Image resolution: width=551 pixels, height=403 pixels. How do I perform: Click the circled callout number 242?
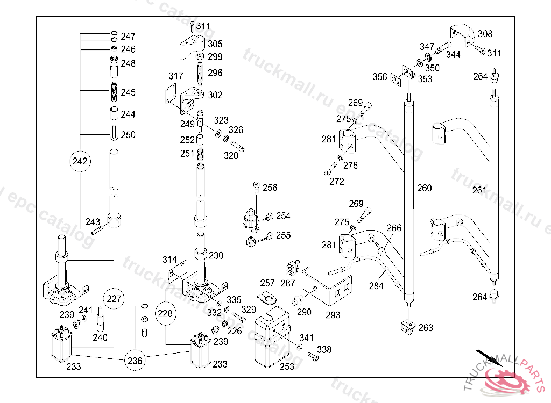pos(80,161)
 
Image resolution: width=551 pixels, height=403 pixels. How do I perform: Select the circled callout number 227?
pos(114,299)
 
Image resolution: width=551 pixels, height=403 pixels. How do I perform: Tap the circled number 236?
pos(135,361)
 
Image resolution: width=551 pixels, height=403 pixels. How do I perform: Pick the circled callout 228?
pos(165,313)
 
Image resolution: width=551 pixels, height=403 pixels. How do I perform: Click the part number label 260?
pos(424,188)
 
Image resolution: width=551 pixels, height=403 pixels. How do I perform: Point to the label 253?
pos(287,366)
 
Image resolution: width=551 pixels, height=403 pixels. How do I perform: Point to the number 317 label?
pos(176,76)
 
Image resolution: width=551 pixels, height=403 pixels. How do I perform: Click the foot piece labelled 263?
pos(408,327)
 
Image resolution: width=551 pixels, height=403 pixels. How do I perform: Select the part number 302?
pos(215,95)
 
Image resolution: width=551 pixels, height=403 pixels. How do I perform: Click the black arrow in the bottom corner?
pos(490,358)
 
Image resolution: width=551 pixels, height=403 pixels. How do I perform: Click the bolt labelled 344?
pos(443,47)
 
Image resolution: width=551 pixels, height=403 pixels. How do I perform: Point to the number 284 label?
pos(376,286)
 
